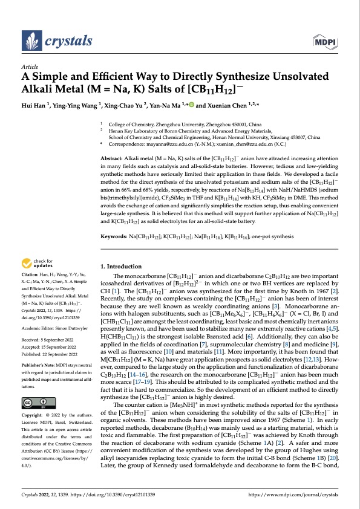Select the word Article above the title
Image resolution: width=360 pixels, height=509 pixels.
click(x=30, y=67)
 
